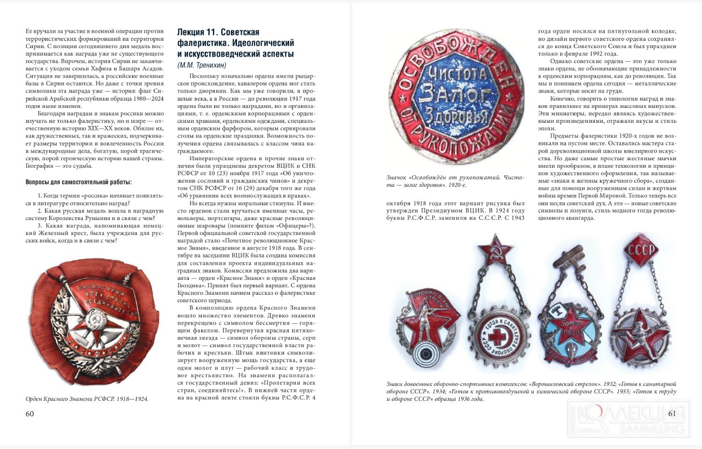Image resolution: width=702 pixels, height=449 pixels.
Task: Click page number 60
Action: pyautogui.click(x=29, y=414)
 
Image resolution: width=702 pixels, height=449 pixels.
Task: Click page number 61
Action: pyautogui.click(x=672, y=413)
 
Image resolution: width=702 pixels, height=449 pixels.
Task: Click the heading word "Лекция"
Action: pyautogui.click(x=190, y=32)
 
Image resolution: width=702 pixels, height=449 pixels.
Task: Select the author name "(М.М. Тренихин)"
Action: pyautogui.click(x=202, y=65)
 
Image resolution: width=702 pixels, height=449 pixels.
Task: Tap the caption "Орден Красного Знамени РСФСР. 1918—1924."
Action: pyautogui.click(x=87, y=399)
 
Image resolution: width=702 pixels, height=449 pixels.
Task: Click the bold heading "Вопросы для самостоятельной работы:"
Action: pyautogui.click(x=79, y=182)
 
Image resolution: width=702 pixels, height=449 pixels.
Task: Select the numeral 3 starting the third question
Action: pyautogui.click(x=39, y=226)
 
